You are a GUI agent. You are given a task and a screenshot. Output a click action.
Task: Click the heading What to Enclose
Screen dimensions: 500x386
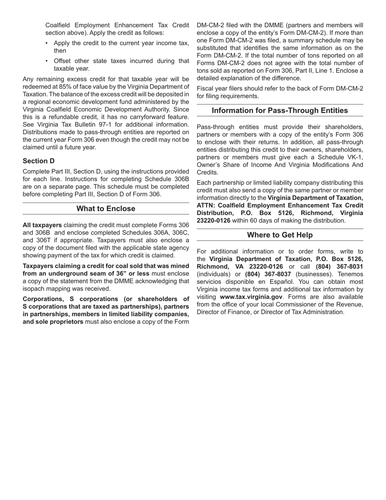pos(106,209)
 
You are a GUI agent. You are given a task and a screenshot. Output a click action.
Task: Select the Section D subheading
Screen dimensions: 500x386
pos(39,161)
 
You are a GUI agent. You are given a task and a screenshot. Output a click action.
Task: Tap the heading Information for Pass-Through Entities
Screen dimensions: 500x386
pos(280,111)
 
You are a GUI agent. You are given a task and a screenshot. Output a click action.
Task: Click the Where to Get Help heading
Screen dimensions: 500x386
pos(280,235)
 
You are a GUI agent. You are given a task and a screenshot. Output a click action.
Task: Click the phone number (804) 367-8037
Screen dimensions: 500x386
pos(268,274)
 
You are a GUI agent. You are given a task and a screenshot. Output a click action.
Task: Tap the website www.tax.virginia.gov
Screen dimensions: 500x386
pos(251,297)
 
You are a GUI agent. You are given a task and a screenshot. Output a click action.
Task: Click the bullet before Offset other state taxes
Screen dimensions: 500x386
pos(47,61)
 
